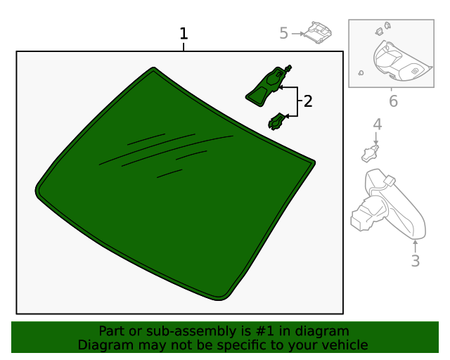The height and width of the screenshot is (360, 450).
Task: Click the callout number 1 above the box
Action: tap(184, 34)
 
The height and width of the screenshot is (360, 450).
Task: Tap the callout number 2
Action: tap(308, 101)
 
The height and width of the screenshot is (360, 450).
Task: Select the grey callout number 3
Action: tap(416, 261)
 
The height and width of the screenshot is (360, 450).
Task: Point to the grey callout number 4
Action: tap(378, 124)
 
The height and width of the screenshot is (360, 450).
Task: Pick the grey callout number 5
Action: tap(283, 33)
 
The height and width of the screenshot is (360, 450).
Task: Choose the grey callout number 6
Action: tap(393, 101)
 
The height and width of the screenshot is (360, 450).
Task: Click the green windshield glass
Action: tap(175, 184)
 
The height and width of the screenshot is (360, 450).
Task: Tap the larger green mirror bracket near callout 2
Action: tap(269, 86)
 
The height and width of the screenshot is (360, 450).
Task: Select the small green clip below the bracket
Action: tap(278, 122)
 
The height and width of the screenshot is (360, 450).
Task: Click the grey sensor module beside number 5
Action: tap(318, 33)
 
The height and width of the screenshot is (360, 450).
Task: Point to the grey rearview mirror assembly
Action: tap(388, 205)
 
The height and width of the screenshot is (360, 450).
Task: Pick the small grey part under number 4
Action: tap(370, 153)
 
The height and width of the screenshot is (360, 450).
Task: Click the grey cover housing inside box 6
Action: tap(399, 61)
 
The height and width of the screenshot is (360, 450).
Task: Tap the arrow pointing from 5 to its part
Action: tap(298, 34)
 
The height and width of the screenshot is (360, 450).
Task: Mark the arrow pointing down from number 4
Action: tap(376, 139)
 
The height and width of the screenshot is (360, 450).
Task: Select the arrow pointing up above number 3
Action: tap(415, 247)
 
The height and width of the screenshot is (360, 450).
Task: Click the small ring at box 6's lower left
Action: tap(361, 73)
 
